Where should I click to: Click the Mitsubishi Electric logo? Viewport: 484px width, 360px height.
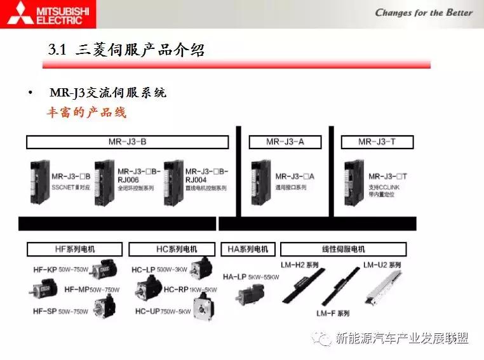pyautogui.click(x=48, y=14)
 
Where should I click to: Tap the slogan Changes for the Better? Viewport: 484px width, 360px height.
pyautogui.click(x=424, y=13)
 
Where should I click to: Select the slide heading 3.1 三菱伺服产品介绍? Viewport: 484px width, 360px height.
pyautogui.click(x=127, y=50)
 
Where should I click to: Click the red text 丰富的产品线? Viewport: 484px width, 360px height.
pyautogui.click(x=86, y=112)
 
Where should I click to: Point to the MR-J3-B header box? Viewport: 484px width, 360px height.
pyautogui.click(x=127, y=142)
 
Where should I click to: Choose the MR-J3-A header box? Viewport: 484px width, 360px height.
pyautogui.click(x=285, y=142)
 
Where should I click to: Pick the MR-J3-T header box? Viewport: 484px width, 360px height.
pyautogui.click(x=377, y=142)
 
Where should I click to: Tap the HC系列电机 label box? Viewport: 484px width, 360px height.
pyautogui.click(x=173, y=249)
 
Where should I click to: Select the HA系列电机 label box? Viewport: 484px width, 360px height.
pyautogui.click(x=248, y=249)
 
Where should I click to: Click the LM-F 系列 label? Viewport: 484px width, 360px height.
pyautogui.click(x=333, y=313)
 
